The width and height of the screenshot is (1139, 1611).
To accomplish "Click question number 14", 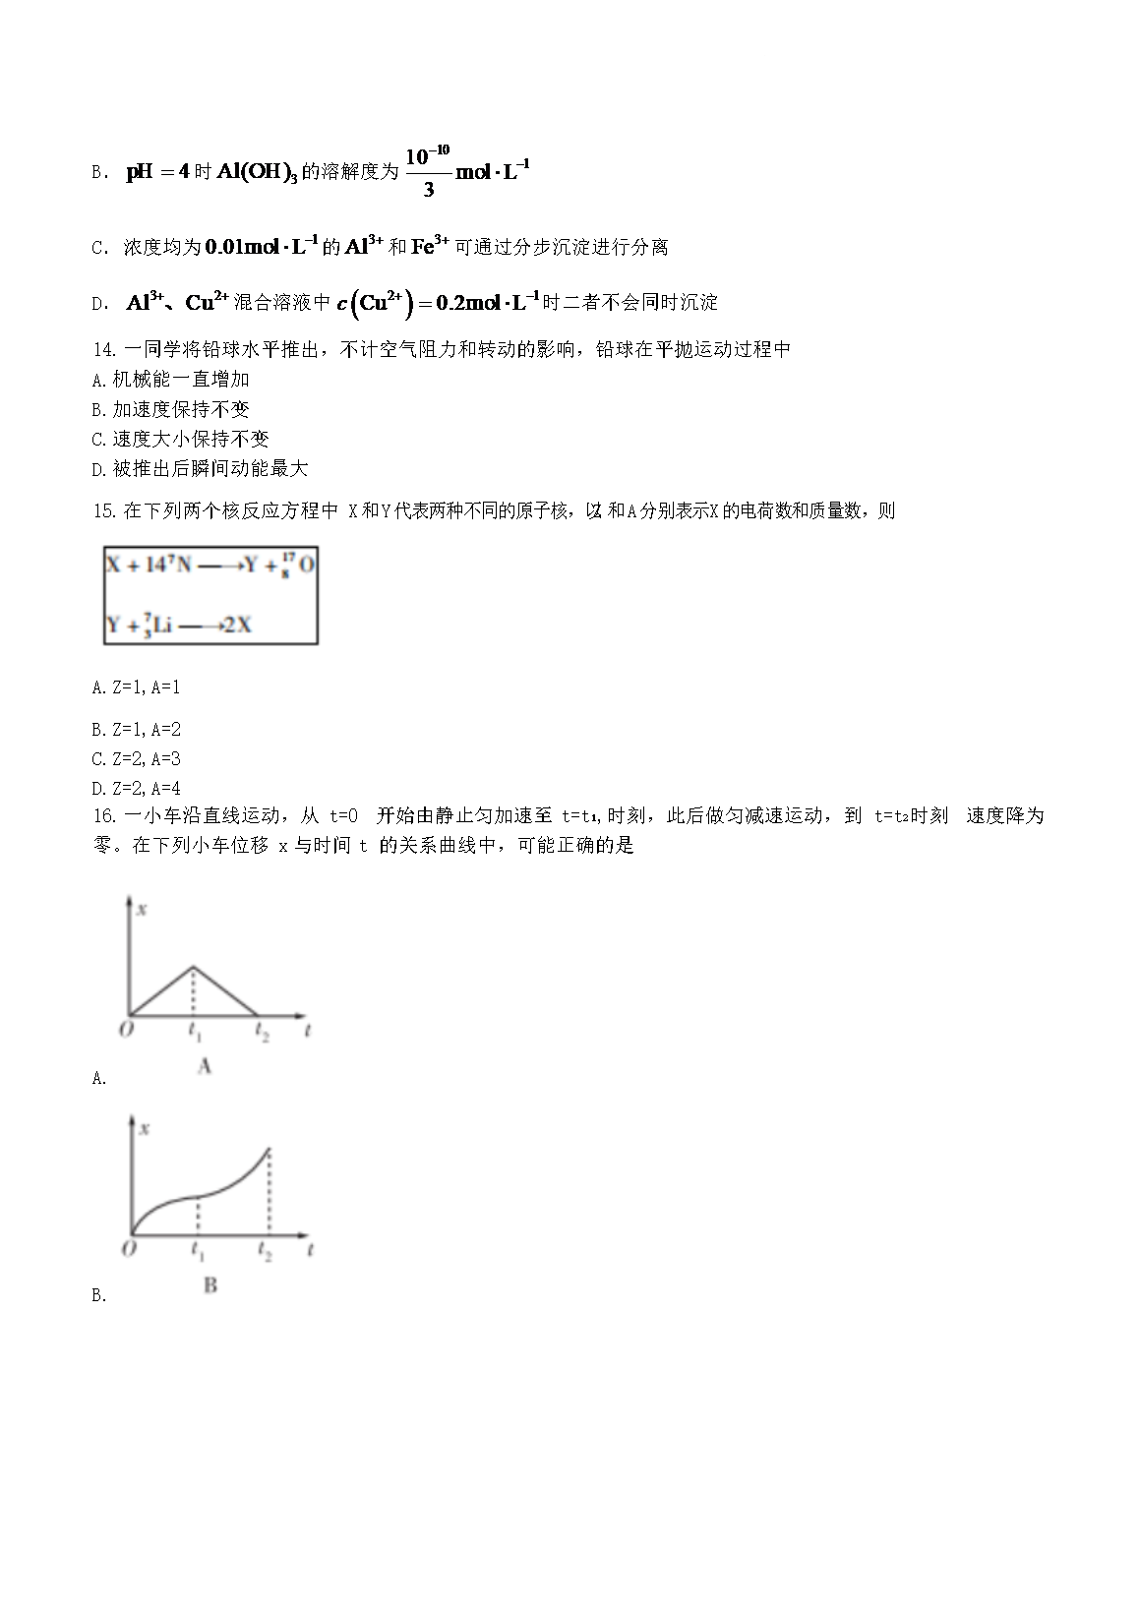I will [x=103, y=350].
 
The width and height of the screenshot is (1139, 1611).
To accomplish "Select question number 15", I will [x=103, y=511].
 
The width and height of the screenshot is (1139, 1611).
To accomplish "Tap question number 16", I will [x=103, y=816].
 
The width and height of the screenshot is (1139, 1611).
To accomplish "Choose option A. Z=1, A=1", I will [x=136, y=688].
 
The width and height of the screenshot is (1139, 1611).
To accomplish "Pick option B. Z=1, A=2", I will [x=136, y=730].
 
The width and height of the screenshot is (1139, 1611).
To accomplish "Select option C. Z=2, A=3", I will [x=136, y=759].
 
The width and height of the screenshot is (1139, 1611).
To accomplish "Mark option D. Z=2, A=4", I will [x=136, y=789].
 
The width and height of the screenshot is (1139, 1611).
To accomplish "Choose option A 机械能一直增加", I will [x=170, y=380].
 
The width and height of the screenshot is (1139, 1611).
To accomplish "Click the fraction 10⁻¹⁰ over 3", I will [x=428, y=171].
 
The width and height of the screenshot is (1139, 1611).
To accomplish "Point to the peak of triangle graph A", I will [x=194, y=967].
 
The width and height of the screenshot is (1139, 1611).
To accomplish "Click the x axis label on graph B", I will [x=145, y=1129].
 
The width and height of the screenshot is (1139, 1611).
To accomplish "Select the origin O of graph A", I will [x=126, y=1030].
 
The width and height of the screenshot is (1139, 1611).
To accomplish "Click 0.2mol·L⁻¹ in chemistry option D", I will [x=485, y=303].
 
